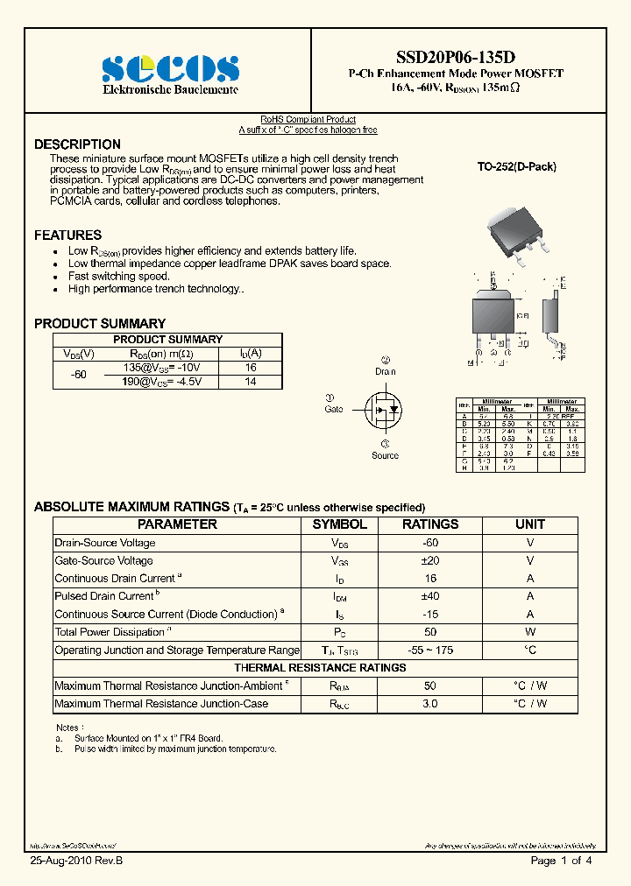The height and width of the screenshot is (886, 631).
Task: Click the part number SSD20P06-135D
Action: [x=455, y=57]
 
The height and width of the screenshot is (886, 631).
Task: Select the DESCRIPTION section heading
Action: [x=77, y=144]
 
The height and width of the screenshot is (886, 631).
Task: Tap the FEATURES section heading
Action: [x=67, y=235]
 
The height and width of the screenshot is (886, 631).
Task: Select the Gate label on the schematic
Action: [x=334, y=409]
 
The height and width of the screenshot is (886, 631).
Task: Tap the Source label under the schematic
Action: [x=385, y=455]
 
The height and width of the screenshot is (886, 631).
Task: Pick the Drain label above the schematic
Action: [x=386, y=371]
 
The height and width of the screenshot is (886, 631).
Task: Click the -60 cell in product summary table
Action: [x=79, y=375]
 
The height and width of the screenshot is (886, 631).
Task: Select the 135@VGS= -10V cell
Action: [x=162, y=369]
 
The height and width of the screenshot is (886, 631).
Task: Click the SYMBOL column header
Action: [x=340, y=524]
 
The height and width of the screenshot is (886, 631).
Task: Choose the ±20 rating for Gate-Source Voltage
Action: [x=430, y=560]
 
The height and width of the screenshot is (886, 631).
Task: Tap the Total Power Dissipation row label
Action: [x=112, y=632]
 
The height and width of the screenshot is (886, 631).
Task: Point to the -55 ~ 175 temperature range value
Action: [x=430, y=650]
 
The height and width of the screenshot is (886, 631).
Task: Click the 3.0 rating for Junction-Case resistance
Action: [x=430, y=704]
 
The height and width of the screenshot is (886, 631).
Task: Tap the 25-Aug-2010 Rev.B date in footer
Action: [x=76, y=861]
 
